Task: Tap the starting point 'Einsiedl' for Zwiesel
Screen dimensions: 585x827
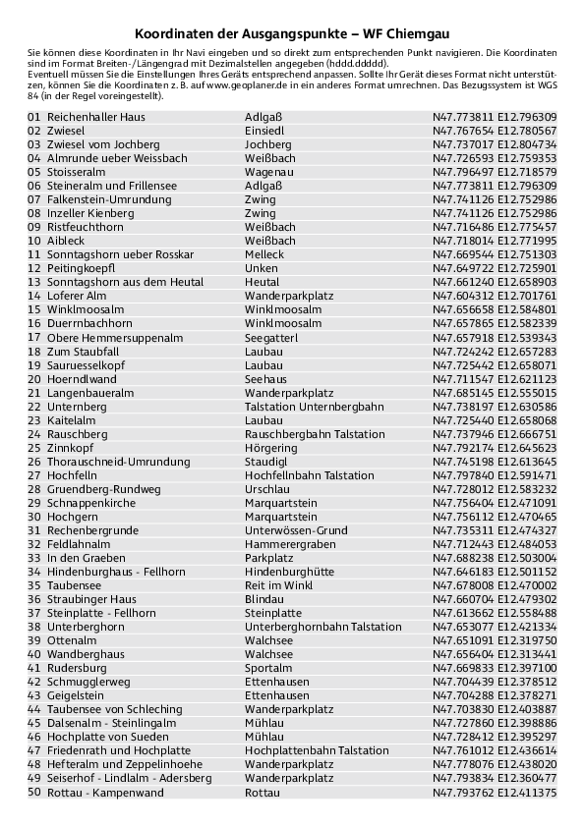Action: pyautogui.click(x=264, y=130)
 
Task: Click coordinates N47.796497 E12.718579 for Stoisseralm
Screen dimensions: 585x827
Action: pyautogui.click(x=495, y=171)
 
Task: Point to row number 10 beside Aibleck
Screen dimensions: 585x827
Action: pyautogui.click(x=34, y=241)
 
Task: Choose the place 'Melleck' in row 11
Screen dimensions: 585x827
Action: pyautogui.click(x=264, y=254)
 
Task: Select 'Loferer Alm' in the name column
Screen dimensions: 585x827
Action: pyautogui.click(x=77, y=296)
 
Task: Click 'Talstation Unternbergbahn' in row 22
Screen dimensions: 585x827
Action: pyautogui.click(x=313, y=407)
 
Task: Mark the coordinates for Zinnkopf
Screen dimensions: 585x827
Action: pyautogui.click(x=495, y=448)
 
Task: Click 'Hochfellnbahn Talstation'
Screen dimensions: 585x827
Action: pyautogui.click(x=310, y=475)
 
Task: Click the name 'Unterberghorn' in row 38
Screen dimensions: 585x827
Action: pyautogui.click(x=86, y=627)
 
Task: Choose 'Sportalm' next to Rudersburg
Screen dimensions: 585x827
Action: pyautogui.click(x=268, y=668)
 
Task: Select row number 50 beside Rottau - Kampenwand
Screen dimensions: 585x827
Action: pyautogui.click(x=34, y=793)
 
